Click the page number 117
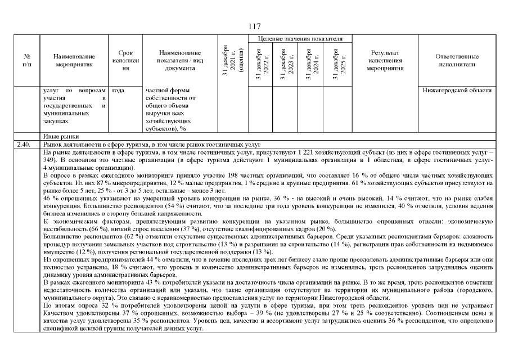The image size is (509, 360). pos(254,26)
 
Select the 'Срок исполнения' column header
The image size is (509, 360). pos(125,60)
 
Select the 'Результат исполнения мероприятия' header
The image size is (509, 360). pos(385,60)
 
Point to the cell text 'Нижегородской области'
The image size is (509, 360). pos(457,90)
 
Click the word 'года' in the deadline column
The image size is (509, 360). pos(118,90)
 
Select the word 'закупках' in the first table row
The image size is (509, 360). pos(57,120)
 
